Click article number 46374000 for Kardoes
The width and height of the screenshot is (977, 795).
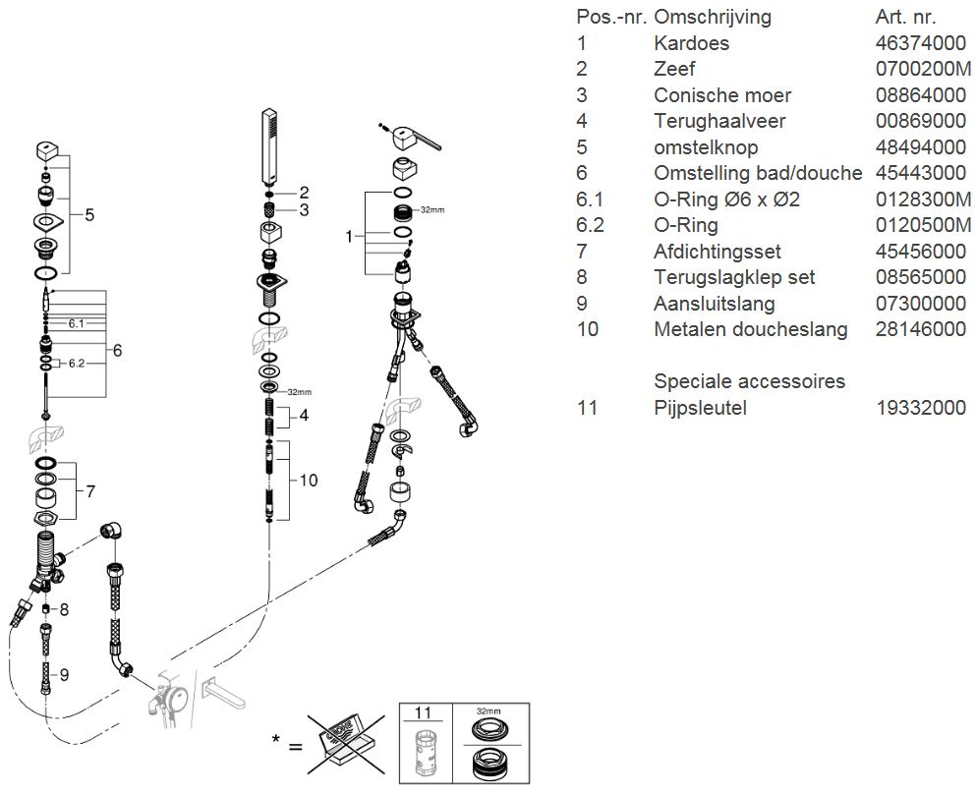pyautogui.click(x=920, y=43)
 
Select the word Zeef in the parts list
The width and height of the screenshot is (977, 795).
pyautogui.click(x=674, y=69)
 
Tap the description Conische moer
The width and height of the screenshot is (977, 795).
pyautogui.click(x=722, y=94)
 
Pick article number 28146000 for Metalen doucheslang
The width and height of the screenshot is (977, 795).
pyautogui.click(x=920, y=329)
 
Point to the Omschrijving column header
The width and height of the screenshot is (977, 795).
pyautogui.click(x=713, y=17)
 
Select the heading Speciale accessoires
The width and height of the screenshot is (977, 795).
pyautogui.click(x=750, y=380)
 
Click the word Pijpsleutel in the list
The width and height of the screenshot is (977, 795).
pyautogui.click(x=700, y=408)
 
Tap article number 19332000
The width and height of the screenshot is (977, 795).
pyautogui.click(x=921, y=408)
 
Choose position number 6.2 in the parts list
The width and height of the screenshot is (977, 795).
pyautogui.click(x=590, y=225)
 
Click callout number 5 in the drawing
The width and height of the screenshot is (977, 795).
pyautogui.click(x=89, y=215)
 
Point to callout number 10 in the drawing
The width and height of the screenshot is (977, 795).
pyautogui.click(x=309, y=481)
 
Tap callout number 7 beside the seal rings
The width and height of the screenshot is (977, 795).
pyautogui.click(x=90, y=491)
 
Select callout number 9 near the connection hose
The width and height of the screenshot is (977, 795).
pyautogui.click(x=64, y=675)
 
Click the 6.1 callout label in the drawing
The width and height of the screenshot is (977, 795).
pyautogui.click(x=76, y=324)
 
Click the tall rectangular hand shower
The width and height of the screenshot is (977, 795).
pyautogui.click(x=269, y=147)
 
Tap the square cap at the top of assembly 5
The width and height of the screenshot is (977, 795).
pyautogui.click(x=48, y=150)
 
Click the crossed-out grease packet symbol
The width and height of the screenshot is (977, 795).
pyautogui.click(x=346, y=745)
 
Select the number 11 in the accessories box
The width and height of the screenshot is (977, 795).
pyautogui.click(x=423, y=712)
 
